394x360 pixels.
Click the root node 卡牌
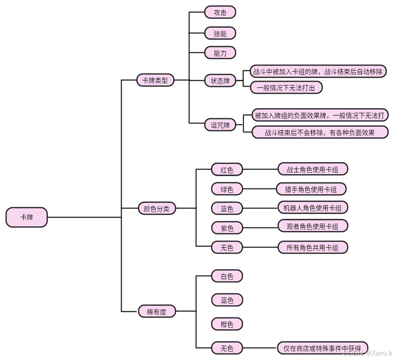coord(26,217)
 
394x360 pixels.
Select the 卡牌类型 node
coord(155,80)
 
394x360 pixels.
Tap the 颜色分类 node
coord(156,209)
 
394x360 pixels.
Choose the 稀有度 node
coord(157,312)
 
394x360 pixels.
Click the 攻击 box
coord(220,12)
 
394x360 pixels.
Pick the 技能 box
coord(220,33)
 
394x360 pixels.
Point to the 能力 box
coord(220,53)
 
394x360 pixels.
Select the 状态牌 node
coord(220,81)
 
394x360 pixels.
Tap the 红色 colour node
coord(227,170)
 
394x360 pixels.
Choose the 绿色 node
coord(227,189)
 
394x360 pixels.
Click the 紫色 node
coord(227,228)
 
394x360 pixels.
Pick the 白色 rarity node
coord(227,276)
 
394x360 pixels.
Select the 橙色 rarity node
coord(227,324)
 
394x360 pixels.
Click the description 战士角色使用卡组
coord(312,169)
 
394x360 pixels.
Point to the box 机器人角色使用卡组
coord(312,207)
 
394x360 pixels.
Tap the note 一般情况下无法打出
coord(286,87)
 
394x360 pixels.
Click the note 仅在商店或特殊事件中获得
coord(322,348)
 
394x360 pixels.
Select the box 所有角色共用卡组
coord(312,247)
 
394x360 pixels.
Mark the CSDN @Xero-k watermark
coord(367,353)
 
